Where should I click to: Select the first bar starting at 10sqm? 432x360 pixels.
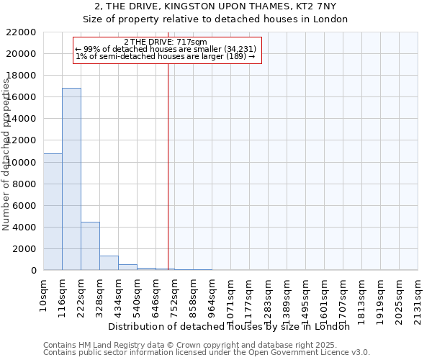pyautogui.click(x=53, y=212)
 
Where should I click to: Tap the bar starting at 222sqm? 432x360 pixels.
pyautogui.click(x=90, y=246)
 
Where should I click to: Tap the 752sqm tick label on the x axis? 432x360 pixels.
pyautogui.click(x=174, y=300)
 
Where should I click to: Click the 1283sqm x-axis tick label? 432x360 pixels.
pyautogui.click(x=268, y=302)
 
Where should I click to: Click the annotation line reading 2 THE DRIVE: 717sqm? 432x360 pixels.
pyautogui.click(x=166, y=42)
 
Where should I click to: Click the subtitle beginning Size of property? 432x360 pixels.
pyautogui.click(x=215, y=19)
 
